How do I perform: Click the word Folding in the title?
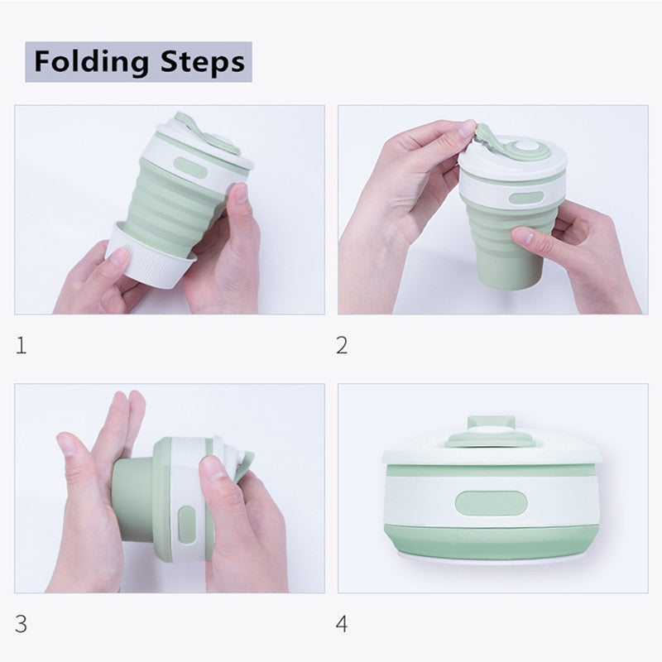91,61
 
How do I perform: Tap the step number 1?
22,345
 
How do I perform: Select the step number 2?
342,345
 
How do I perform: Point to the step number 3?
22,624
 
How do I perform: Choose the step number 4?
342,624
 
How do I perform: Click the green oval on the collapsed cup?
491,503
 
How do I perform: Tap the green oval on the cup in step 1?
191,168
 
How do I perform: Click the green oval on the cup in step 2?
526,198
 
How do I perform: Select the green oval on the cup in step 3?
187,525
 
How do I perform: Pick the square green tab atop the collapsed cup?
491,422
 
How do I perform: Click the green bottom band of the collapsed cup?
491,543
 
